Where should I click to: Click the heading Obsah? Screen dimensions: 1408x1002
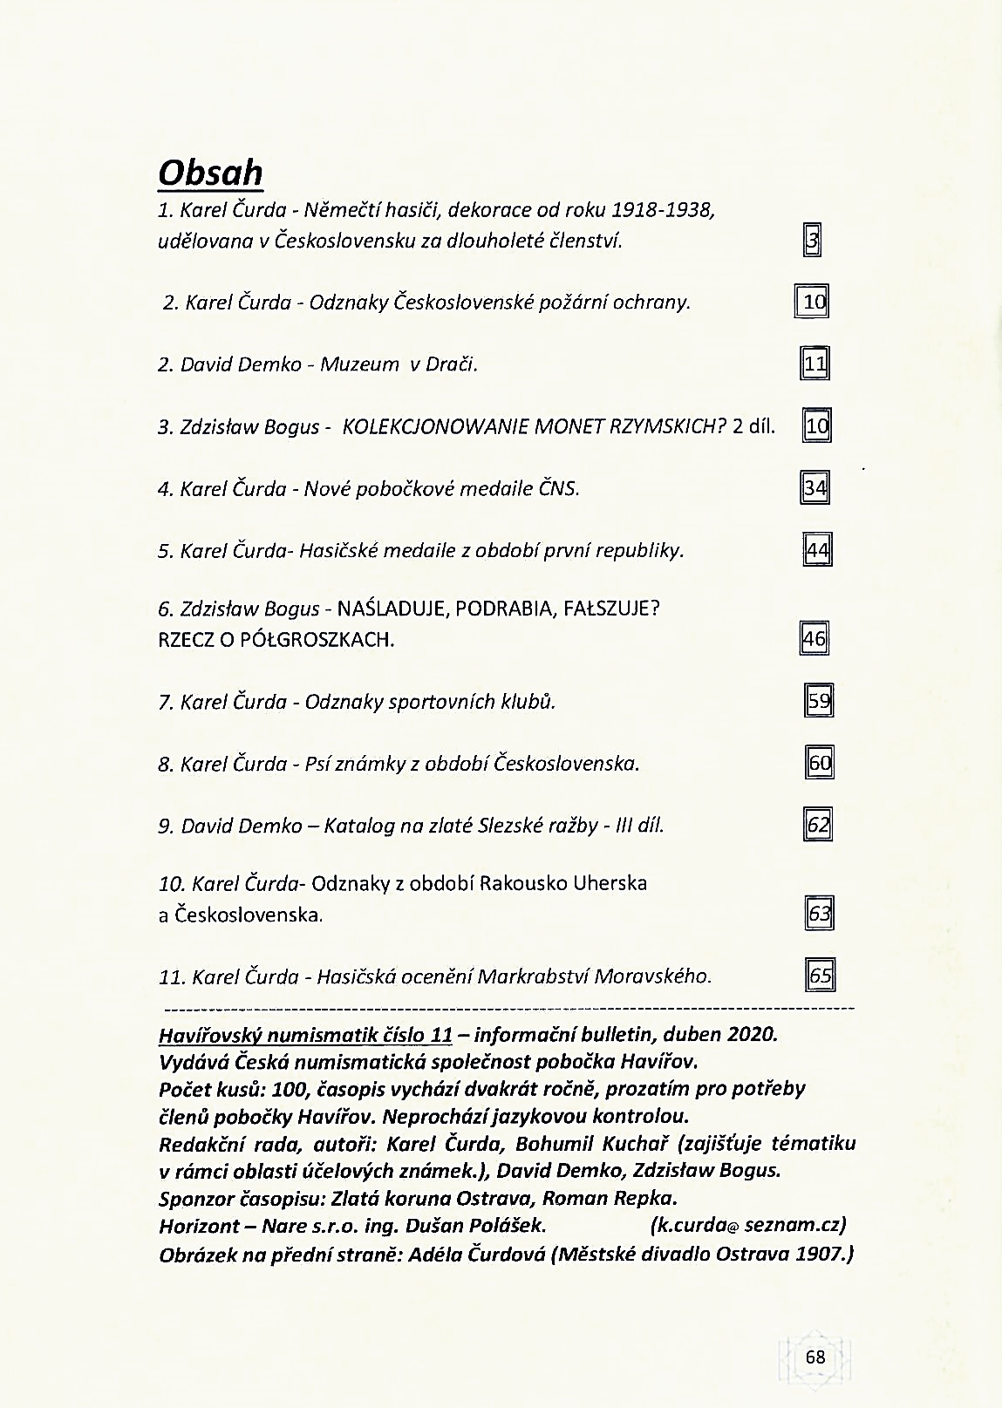coord(210,173)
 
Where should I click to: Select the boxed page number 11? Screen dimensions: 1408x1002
coord(815,364)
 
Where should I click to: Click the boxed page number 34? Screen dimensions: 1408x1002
coord(815,487)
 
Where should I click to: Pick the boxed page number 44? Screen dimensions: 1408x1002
coord(817,550)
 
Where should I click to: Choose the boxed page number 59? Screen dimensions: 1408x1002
coord(819,701)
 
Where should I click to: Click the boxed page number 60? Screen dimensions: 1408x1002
coord(820,764)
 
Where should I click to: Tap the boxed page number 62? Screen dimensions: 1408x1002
coord(818,825)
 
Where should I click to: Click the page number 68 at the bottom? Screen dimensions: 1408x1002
coord(815,1357)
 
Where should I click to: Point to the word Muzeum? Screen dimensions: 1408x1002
coord(359,364)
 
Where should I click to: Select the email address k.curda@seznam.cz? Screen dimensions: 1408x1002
coord(749,1225)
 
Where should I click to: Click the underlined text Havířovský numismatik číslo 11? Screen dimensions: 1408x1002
coord(305,1035)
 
